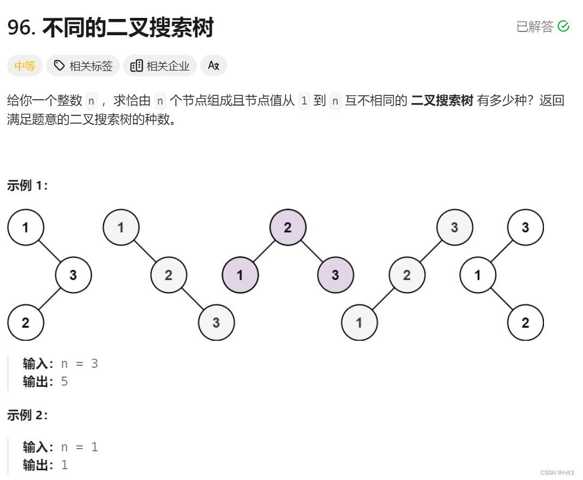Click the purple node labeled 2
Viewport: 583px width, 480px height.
click(x=287, y=228)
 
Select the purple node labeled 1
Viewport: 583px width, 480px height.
click(x=240, y=275)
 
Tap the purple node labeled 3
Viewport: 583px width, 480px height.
click(x=335, y=275)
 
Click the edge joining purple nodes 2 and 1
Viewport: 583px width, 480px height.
click(x=264, y=251)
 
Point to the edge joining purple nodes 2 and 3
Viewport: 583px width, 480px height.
click(x=311, y=251)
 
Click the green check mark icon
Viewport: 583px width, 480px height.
click(x=563, y=26)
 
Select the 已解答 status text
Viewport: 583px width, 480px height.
click(x=535, y=27)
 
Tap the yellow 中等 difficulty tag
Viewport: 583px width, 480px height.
click(x=25, y=66)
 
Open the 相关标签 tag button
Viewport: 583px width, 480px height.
click(x=84, y=66)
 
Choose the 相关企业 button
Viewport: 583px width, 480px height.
click(x=160, y=66)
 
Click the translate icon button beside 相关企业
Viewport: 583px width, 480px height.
click(x=214, y=66)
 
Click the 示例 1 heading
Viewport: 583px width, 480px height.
click(x=28, y=186)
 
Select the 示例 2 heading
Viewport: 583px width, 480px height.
click(x=28, y=416)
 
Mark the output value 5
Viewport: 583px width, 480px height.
click(x=65, y=381)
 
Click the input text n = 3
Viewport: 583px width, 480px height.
click(x=79, y=363)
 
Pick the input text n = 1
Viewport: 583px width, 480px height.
click(x=79, y=447)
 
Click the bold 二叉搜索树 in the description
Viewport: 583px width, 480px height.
click(x=442, y=101)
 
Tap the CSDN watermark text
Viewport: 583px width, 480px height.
click(x=558, y=472)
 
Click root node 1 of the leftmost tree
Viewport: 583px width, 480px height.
click(x=25, y=228)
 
